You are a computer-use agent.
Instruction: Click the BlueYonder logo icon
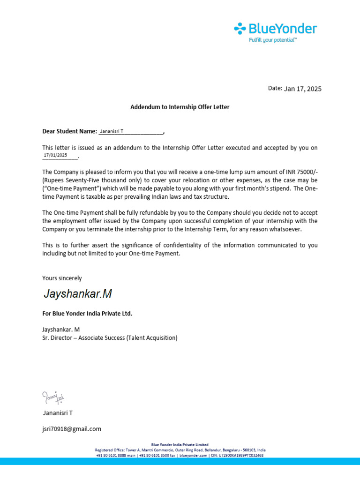pos(240,29)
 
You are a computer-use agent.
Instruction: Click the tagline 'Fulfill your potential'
pos(273,40)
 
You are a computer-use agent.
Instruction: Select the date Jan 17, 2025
pos(303,89)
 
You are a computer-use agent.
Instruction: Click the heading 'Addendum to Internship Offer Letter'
pos(180,107)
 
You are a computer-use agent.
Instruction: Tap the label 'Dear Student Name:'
pos(69,131)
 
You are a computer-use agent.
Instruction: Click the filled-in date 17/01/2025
pos(55,155)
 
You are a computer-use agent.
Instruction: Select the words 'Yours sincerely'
pos(62,278)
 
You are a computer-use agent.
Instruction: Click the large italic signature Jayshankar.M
pos(78,294)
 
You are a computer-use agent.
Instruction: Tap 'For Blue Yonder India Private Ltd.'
pos(87,313)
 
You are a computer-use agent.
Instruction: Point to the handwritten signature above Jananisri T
pos(52,397)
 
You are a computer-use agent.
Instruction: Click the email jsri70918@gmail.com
pos(72,428)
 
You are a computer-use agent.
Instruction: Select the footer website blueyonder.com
pos(193,455)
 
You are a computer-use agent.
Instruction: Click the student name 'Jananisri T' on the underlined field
pos(112,132)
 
